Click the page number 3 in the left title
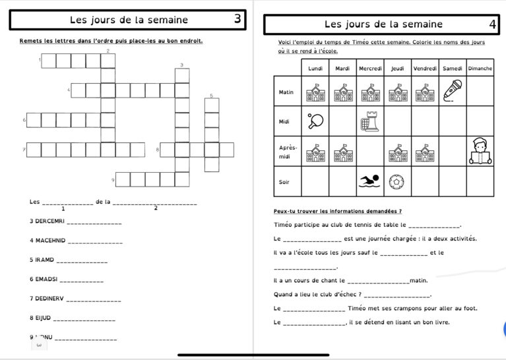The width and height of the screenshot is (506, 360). pos(237,19)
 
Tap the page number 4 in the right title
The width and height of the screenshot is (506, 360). pos(492,24)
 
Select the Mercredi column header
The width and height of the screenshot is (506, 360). pos(370,68)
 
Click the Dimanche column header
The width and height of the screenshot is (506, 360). pos(480,68)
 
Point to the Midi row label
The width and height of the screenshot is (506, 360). pos(285,121)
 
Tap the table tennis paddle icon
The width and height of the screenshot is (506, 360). pos(315,121)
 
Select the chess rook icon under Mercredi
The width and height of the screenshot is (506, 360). pos(370,121)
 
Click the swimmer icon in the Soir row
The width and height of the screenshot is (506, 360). pos(370,181)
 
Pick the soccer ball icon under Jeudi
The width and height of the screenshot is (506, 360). pos(397,181)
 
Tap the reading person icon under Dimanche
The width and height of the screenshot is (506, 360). pos(480,152)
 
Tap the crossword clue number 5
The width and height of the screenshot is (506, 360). pos(211,96)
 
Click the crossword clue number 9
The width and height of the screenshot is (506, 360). pos(113,179)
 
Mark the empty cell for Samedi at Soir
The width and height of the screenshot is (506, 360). pos(452,181)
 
